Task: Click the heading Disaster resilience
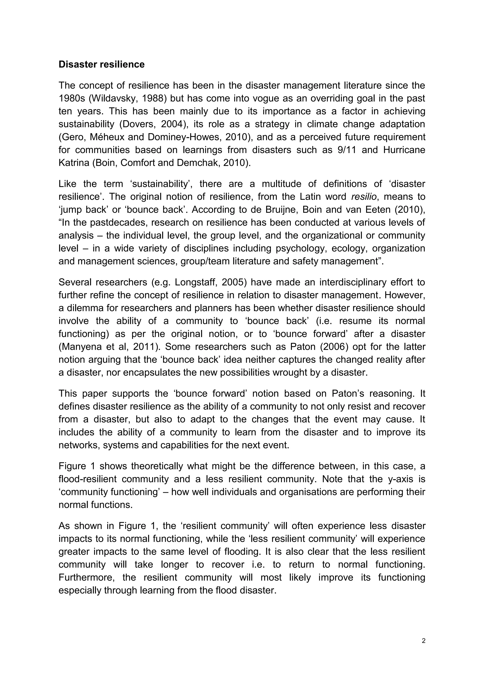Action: (x=101, y=64)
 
